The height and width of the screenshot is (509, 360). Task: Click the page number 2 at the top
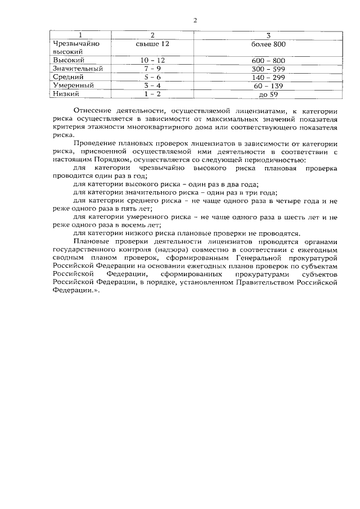pos(195,21)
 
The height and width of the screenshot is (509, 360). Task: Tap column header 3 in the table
pos(268,35)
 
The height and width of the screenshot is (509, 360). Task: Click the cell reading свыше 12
pos(152,43)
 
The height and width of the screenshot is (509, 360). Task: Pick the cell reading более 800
pos(268,43)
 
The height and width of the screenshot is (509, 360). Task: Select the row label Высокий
pos(68,60)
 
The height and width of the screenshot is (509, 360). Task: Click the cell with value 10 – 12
pos(152,60)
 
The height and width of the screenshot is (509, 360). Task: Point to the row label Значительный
pos(77,69)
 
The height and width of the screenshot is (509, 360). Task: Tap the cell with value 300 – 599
pos(268,69)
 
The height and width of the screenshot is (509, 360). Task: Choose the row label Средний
pos(68,77)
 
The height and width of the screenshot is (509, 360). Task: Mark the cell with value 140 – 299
pos(268,77)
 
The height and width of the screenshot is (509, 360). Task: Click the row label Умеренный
pos(73,85)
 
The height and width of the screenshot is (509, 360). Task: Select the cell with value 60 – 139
pos(268,85)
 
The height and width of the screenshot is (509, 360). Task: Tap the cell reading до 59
pos(268,94)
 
